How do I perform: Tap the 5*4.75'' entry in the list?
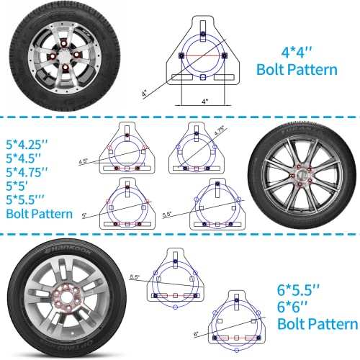(31, 173)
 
